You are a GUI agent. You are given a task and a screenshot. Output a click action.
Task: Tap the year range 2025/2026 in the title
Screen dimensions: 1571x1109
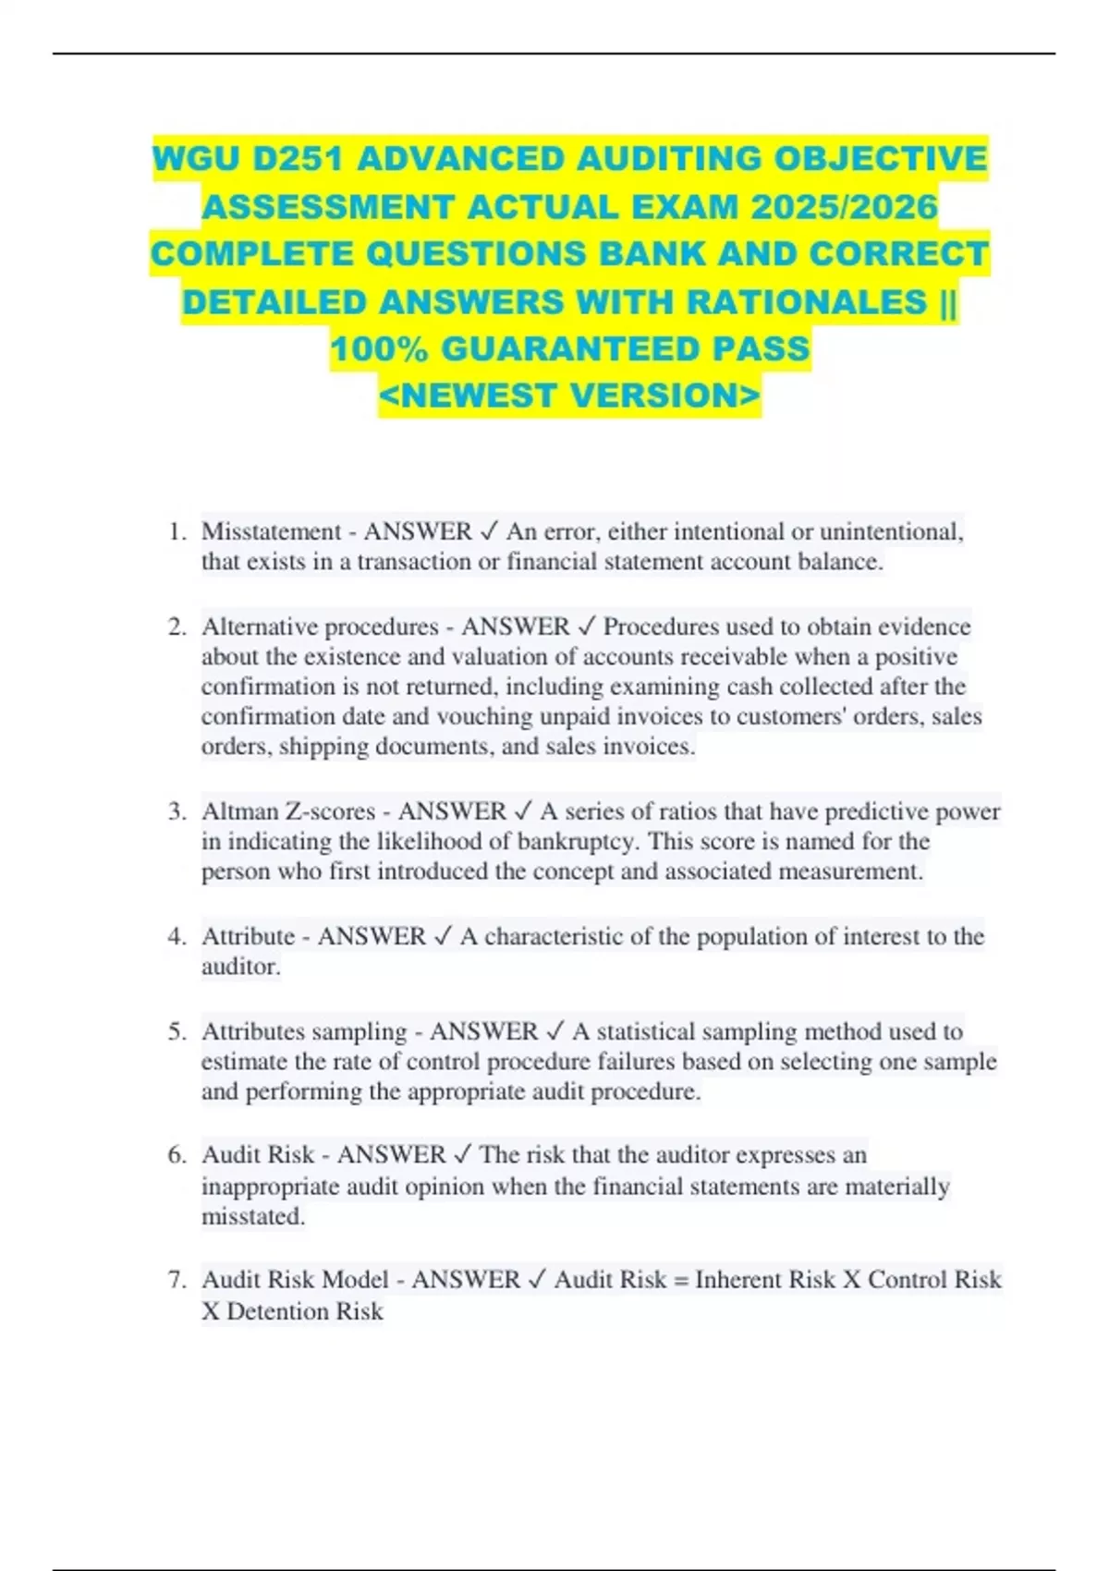(845, 207)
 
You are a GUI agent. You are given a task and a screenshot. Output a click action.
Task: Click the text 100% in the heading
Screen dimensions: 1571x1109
(380, 349)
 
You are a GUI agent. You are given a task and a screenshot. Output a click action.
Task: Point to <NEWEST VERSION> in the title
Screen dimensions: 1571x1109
(569, 396)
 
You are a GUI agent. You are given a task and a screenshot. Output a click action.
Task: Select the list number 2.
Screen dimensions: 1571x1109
(177, 627)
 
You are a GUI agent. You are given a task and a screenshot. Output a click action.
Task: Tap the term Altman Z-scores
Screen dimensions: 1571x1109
(288, 811)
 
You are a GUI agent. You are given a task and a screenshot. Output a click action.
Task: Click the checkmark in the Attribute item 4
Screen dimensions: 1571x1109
(443, 936)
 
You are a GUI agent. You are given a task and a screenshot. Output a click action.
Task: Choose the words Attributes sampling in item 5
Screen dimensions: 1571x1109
(304, 1031)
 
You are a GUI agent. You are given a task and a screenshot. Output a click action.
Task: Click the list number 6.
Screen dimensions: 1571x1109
(177, 1155)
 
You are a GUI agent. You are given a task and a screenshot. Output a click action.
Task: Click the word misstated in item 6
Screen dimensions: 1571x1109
(251, 1216)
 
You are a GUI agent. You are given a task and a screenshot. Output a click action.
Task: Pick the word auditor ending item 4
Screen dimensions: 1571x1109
(239, 967)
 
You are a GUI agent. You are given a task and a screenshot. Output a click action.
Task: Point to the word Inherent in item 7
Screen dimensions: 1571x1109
(741, 1280)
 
